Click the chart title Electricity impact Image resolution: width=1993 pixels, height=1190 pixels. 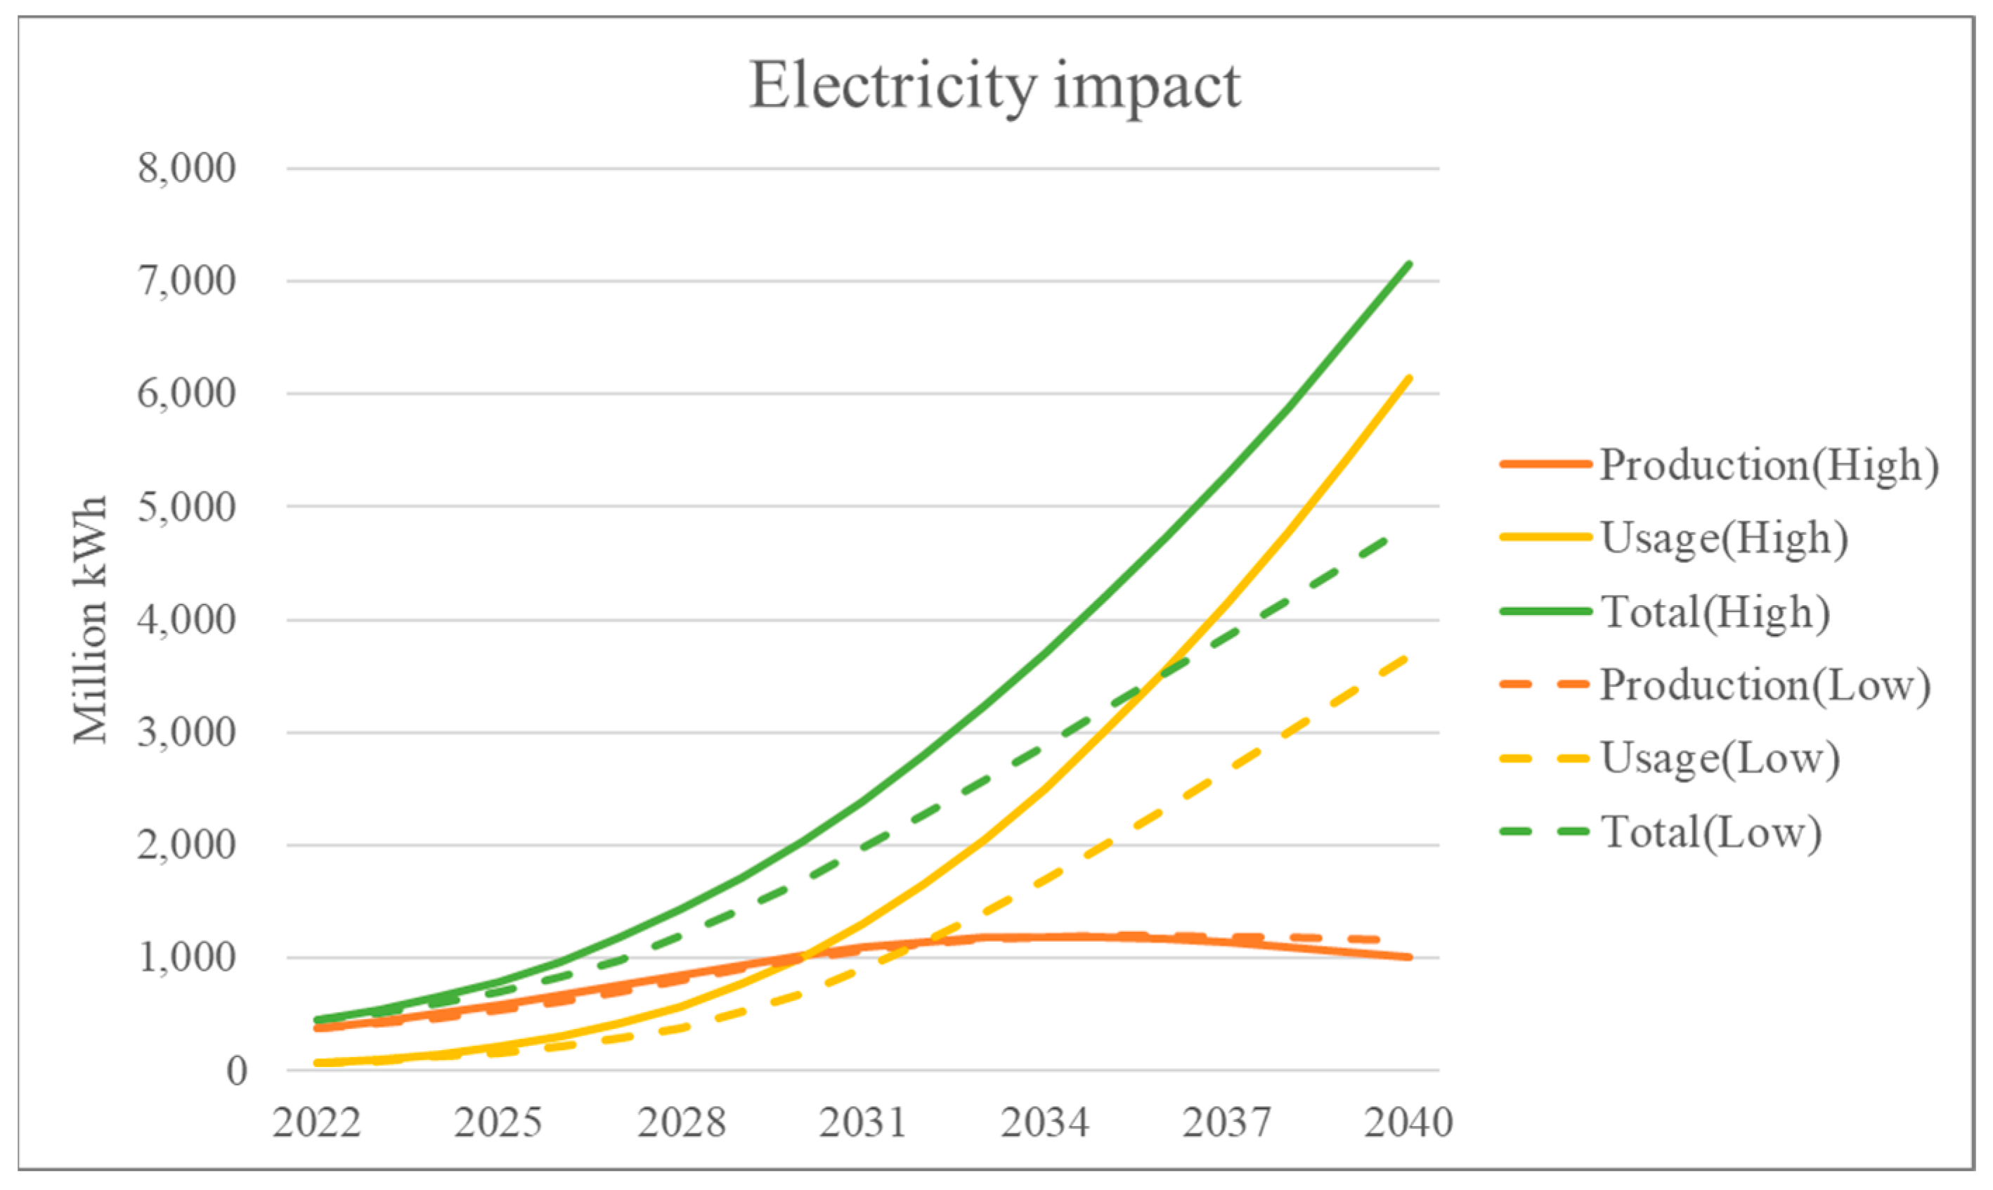[994, 86]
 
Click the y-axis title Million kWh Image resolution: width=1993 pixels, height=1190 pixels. [90, 620]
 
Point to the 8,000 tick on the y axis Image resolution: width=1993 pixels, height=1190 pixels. [187, 169]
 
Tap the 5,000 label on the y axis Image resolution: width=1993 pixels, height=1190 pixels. [187, 507]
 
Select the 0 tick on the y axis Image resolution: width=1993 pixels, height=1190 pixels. [235, 1071]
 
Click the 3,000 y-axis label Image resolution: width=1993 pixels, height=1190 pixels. [187, 732]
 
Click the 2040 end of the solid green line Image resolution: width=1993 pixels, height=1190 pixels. [1408, 264]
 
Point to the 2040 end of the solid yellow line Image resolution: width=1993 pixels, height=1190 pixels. [1408, 377]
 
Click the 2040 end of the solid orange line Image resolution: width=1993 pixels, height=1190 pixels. [1408, 957]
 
